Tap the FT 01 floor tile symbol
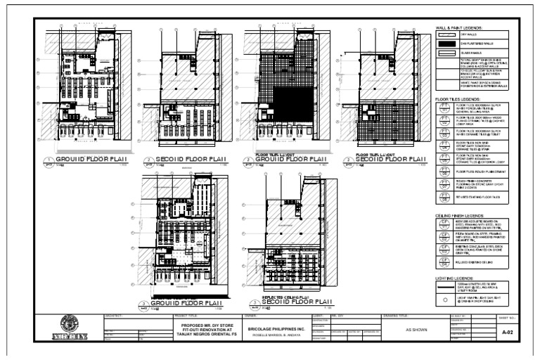pos(444,108)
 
